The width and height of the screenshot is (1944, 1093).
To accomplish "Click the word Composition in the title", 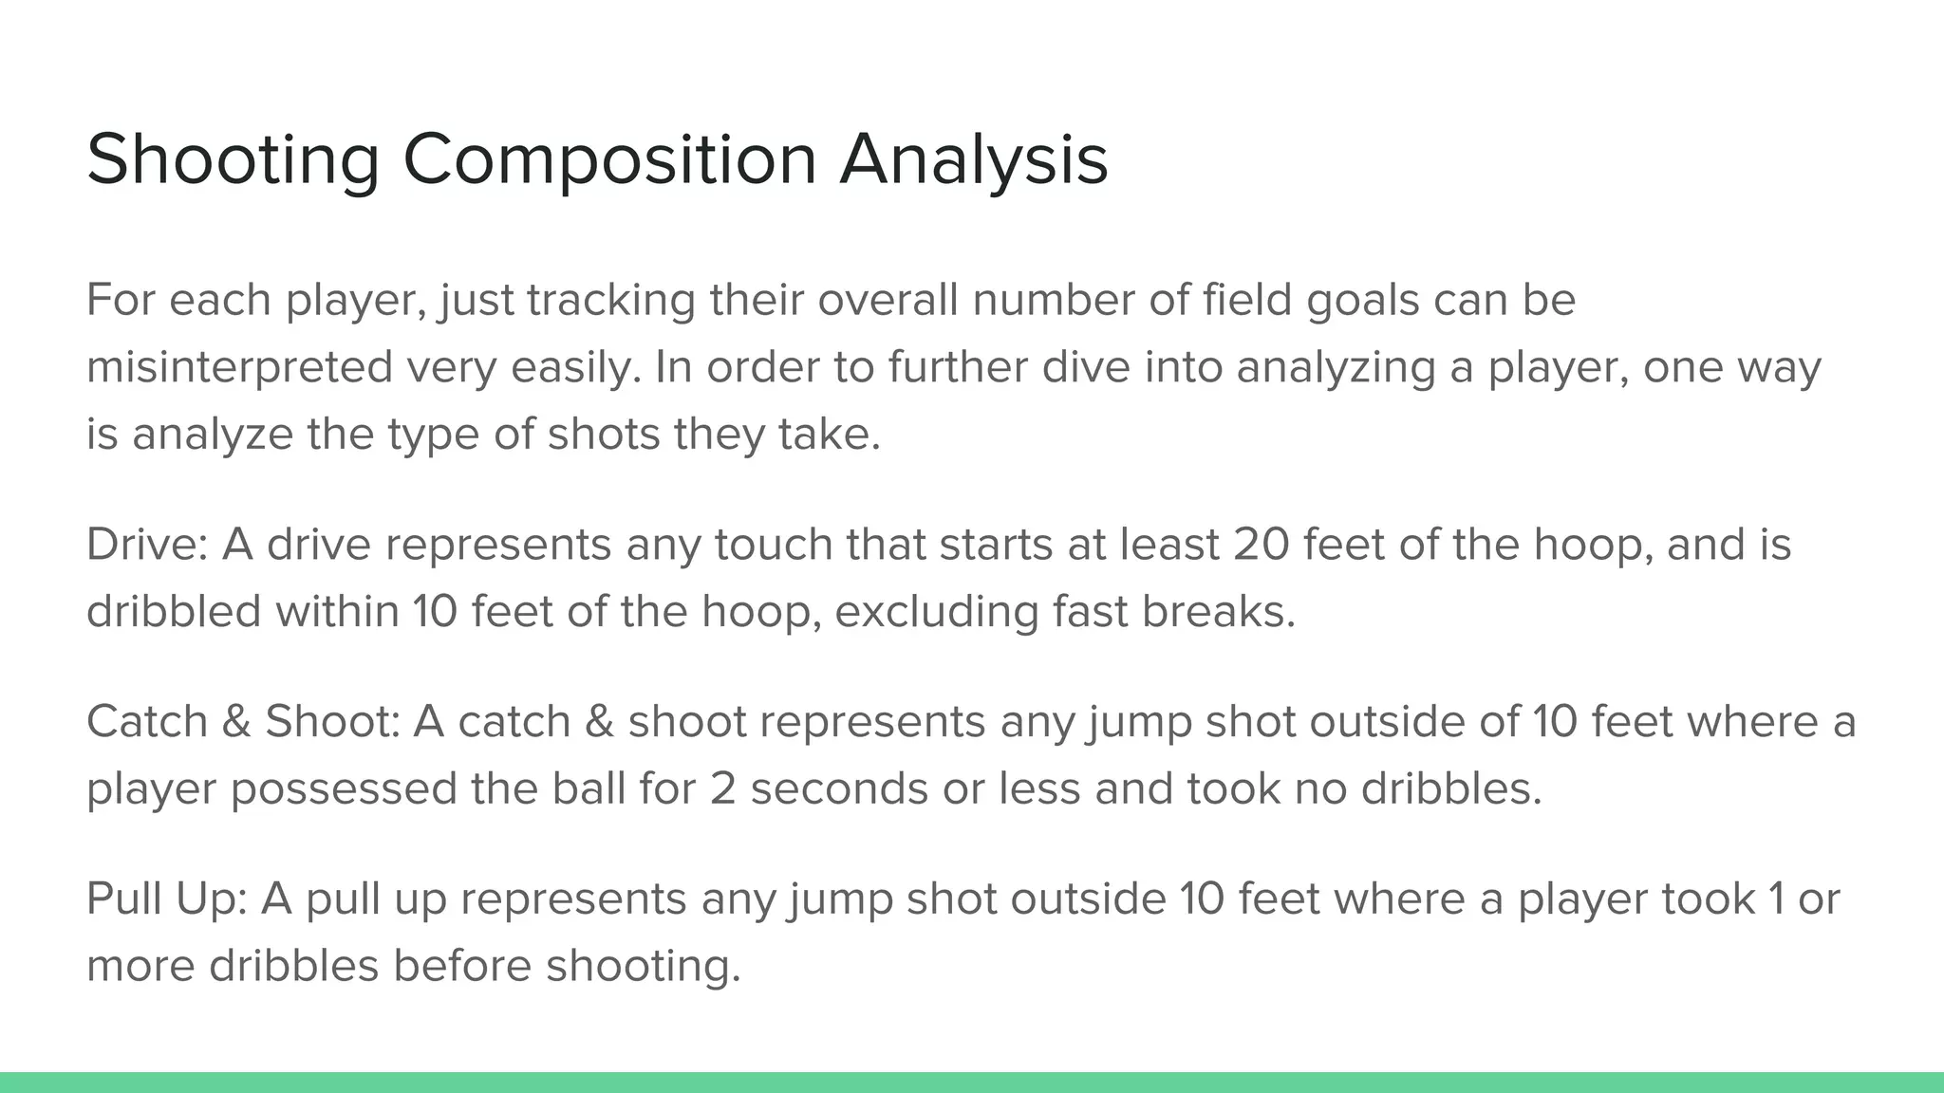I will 609,159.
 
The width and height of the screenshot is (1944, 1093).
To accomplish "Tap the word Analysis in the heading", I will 974,159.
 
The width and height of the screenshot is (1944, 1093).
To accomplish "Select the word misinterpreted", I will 239,367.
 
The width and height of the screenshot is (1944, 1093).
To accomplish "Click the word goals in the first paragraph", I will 1363,300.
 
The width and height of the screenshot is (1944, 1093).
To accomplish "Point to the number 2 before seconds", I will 722,789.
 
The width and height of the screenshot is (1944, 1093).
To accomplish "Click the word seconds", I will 839,789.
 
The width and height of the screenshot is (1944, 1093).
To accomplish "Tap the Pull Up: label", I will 167,899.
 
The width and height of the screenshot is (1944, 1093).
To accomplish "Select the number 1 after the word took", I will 1776,899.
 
